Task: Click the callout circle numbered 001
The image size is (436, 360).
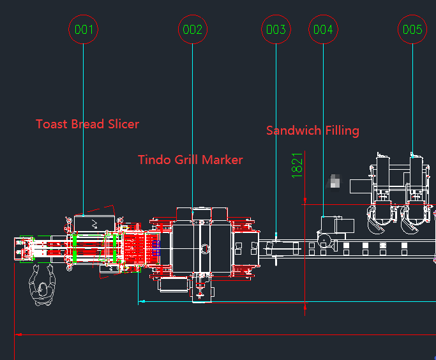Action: pyautogui.click(x=84, y=29)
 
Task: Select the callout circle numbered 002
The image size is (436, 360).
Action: pyautogui.click(x=192, y=29)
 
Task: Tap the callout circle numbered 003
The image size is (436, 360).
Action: pyautogui.click(x=276, y=29)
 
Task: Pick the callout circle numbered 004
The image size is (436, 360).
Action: pyautogui.click(x=323, y=29)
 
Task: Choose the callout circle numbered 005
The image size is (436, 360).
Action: pyautogui.click(x=412, y=29)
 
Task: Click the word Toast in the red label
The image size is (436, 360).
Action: pyautogui.click(x=52, y=124)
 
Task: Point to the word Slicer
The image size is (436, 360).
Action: pyautogui.click(x=122, y=124)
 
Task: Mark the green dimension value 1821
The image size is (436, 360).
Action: pyautogui.click(x=297, y=165)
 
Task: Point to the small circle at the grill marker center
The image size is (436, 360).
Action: pyautogui.click(x=204, y=248)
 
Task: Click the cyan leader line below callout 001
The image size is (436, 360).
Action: pyautogui.click(x=84, y=128)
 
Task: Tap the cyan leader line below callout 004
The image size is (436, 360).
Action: pyautogui.click(x=323, y=128)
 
